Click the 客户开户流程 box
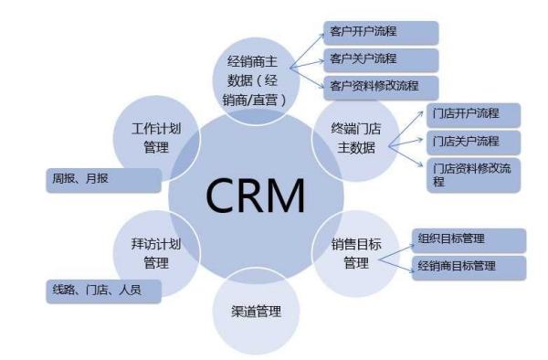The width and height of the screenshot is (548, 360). (x=381, y=32)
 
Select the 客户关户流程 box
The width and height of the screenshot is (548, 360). (x=381, y=60)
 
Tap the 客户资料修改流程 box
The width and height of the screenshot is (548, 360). (x=381, y=88)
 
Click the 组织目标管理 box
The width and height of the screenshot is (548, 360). (x=469, y=239)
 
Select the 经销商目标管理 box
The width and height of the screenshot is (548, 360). (x=469, y=268)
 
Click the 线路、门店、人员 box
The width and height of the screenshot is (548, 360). (x=104, y=291)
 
